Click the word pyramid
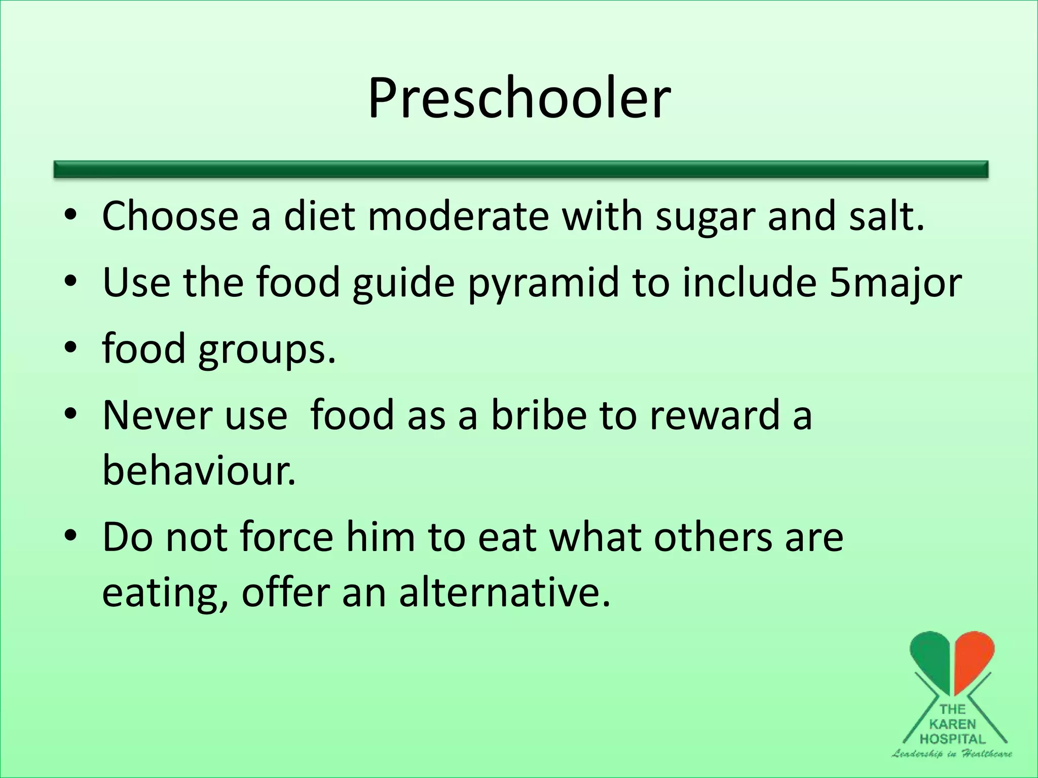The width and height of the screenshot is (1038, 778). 543,283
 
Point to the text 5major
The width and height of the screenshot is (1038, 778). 895,283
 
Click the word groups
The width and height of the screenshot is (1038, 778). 267,349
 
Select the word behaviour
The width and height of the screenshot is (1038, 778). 199,470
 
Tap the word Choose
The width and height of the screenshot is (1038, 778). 170,217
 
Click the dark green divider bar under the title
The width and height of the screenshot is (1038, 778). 521,169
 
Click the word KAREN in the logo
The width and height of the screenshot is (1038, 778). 952,724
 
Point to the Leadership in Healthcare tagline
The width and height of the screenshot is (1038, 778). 952,754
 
